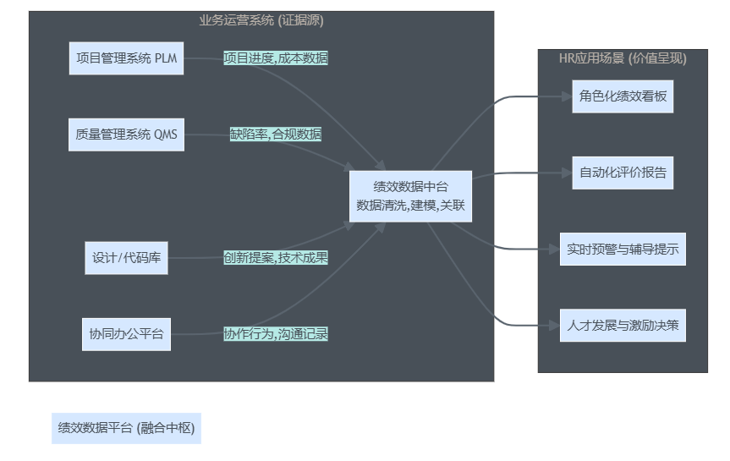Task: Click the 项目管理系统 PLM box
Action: coord(126,58)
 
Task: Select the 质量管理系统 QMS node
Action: coord(126,134)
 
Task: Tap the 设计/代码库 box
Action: coord(126,257)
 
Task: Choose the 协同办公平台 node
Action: coord(126,333)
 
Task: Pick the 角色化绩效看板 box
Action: coord(623,96)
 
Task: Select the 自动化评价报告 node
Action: coord(623,173)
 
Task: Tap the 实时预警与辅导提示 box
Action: coord(623,250)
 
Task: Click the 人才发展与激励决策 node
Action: coord(623,325)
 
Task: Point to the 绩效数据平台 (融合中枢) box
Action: coord(126,428)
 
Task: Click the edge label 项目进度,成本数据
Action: coord(276,58)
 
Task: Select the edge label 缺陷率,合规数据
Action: coord(276,134)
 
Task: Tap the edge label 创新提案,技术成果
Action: coord(276,257)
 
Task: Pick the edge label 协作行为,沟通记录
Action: coord(276,333)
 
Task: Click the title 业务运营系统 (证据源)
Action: coord(261,20)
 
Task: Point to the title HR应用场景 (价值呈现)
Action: coord(623,58)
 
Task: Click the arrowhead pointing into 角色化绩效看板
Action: coord(567,96)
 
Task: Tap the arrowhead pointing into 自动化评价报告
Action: coord(567,173)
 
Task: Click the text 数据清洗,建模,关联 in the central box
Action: coord(411,205)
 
